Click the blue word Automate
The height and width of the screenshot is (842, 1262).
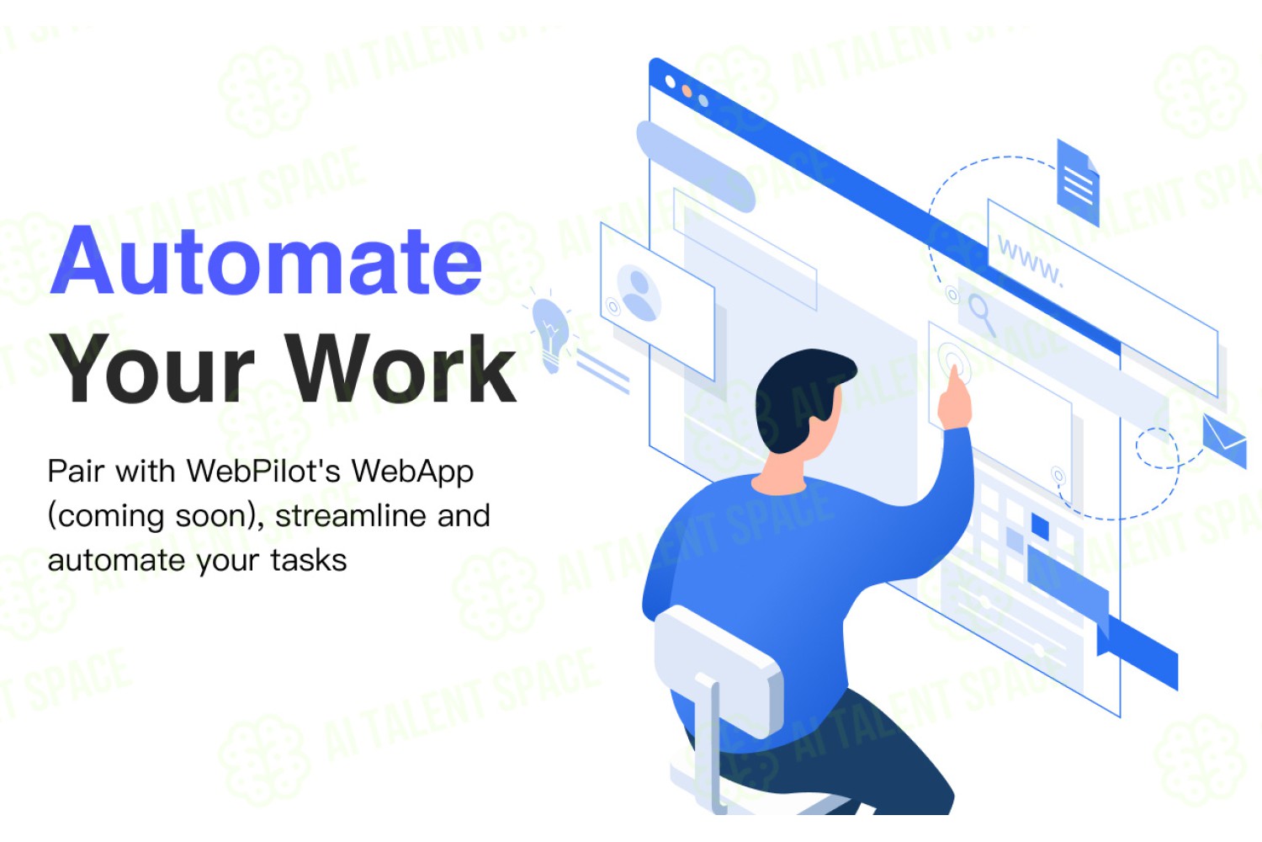[266, 261]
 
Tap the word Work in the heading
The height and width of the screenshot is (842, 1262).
[403, 369]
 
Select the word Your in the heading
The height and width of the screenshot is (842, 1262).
[151, 370]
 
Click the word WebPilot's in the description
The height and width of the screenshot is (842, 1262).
[263, 471]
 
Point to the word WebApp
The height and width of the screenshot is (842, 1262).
[412, 472]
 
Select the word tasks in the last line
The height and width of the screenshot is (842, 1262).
[309, 561]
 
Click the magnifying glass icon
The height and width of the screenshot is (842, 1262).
[982, 315]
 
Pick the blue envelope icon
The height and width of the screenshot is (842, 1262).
[1224, 441]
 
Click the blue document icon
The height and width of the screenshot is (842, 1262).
[1078, 183]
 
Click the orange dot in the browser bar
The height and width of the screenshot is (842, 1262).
[687, 91]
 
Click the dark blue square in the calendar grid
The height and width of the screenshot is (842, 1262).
[1040, 527]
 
